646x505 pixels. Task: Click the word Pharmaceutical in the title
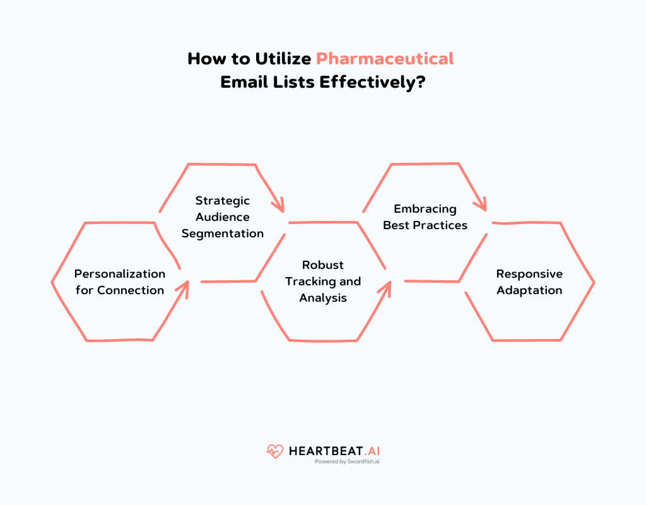pyautogui.click(x=385, y=59)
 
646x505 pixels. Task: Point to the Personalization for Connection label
pyautogui.click(x=119, y=282)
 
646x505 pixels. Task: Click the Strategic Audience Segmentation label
pyautogui.click(x=223, y=217)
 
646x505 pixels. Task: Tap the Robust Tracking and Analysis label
pyautogui.click(x=323, y=281)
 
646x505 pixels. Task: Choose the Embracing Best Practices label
pyautogui.click(x=425, y=217)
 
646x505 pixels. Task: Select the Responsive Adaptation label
pyautogui.click(x=529, y=282)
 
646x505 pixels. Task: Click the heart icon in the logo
pyautogui.click(x=275, y=451)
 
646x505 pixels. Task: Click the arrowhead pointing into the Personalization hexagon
pyautogui.click(x=184, y=287)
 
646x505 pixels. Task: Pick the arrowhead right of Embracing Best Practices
pyautogui.click(x=481, y=205)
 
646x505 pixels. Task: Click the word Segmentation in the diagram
pyautogui.click(x=223, y=233)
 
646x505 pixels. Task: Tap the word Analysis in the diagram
pyautogui.click(x=323, y=297)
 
